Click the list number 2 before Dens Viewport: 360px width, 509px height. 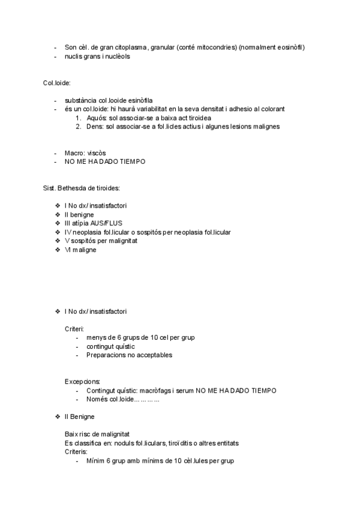click(78, 127)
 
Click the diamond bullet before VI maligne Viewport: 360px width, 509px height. click(57, 250)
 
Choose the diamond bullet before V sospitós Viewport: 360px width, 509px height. click(57, 241)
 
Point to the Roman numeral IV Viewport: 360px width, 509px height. click(68, 232)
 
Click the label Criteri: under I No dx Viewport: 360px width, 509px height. click(74, 329)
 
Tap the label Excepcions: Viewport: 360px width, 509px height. click(83, 382)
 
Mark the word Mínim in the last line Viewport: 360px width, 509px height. click(95, 460)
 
